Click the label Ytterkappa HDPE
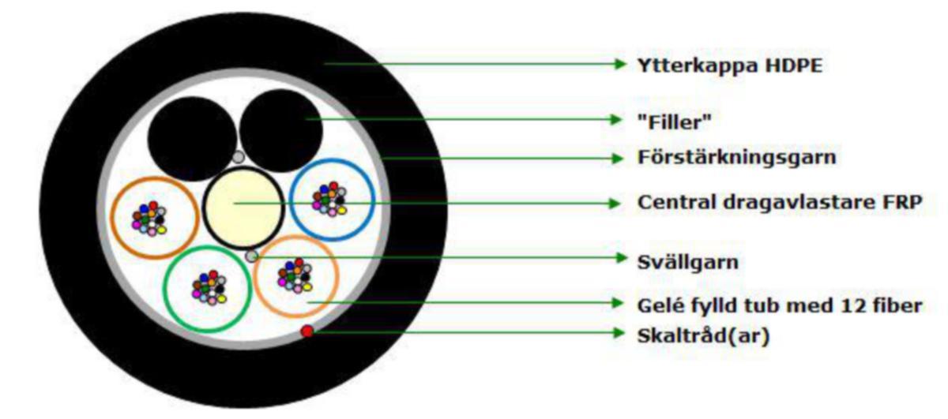point(730,65)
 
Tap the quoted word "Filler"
point(674,122)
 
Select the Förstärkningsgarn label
point(737,157)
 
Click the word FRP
point(902,202)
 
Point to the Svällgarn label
point(688,262)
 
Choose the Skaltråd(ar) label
point(703,336)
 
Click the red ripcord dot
point(307,331)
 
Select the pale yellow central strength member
point(243,208)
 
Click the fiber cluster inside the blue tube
point(329,199)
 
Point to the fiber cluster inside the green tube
point(209,287)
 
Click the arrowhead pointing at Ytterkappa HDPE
point(620,64)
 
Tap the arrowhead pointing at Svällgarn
point(621,257)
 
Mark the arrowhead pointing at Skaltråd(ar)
point(619,332)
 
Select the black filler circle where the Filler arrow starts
point(281,131)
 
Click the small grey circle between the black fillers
point(239,157)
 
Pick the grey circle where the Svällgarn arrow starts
point(251,256)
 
